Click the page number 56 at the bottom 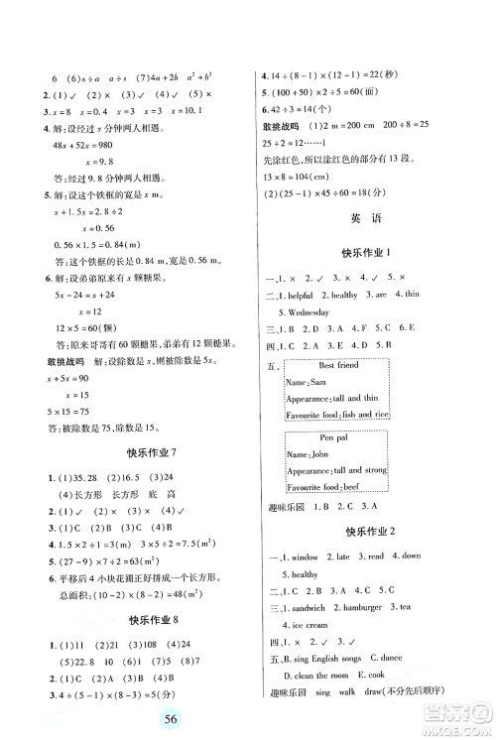click(x=247, y=717)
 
